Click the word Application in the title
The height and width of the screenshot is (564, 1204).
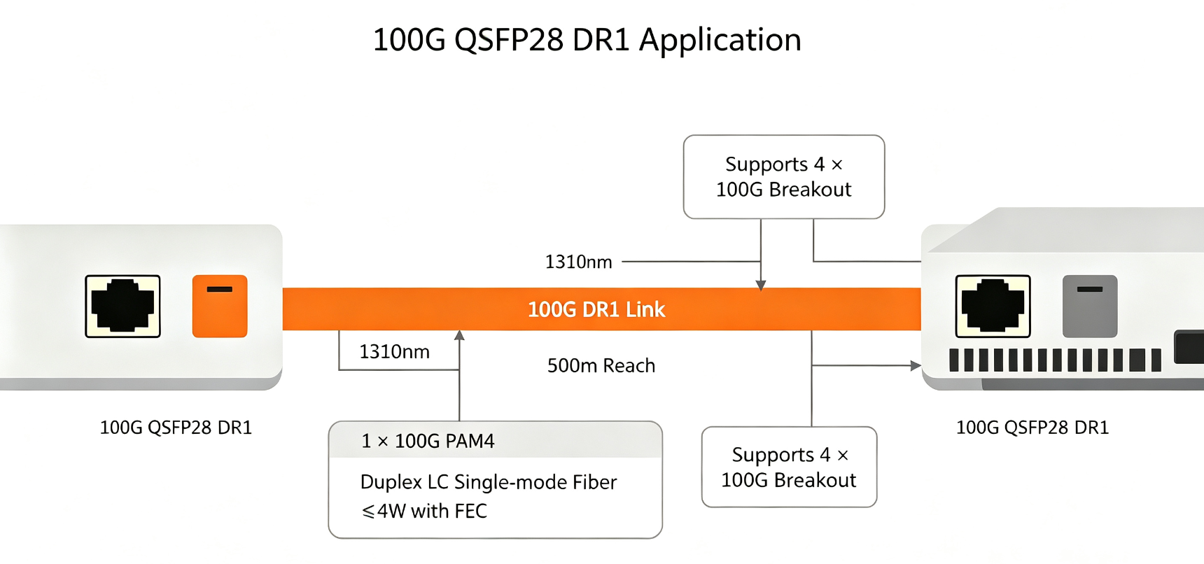[720, 41]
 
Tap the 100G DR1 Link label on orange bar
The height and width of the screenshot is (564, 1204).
[596, 309]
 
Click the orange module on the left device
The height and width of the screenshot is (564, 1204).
[220, 306]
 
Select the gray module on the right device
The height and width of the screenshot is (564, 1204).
[1090, 306]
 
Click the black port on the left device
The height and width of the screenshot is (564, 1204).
[122, 306]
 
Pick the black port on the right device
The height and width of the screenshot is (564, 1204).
[993, 306]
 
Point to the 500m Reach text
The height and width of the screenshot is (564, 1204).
[601, 365]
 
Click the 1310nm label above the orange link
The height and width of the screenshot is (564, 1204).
[579, 262]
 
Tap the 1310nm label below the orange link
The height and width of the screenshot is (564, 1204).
[395, 351]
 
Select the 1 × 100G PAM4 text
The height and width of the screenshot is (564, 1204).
[428, 441]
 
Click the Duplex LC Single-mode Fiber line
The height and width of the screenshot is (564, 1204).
[489, 482]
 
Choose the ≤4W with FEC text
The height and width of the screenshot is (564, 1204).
[424, 511]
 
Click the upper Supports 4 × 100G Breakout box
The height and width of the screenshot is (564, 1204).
[784, 177]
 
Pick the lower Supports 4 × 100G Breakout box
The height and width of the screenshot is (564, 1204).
[789, 467]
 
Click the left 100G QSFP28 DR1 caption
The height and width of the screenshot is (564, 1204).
[176, 428]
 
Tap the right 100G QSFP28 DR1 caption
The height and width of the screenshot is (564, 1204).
[1032, 428]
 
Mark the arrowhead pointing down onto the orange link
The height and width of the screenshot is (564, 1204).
[761, 285]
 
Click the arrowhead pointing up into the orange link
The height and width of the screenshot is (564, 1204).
[459, 335]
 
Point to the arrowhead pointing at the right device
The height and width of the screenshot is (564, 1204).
[916, 365]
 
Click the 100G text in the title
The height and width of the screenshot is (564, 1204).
[409, 41]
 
